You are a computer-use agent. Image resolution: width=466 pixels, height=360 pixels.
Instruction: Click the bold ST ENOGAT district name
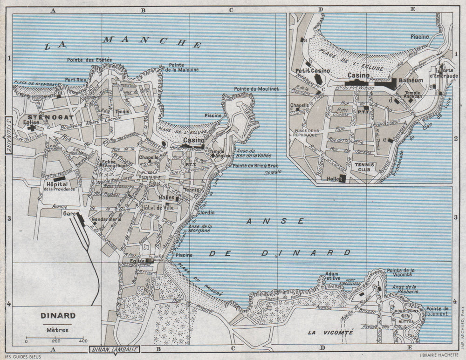tap(44, 117)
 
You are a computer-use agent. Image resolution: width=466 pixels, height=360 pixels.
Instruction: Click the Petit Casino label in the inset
tap(313, 71)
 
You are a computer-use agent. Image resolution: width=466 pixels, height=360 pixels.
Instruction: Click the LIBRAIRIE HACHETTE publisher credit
tap(438, 355)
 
